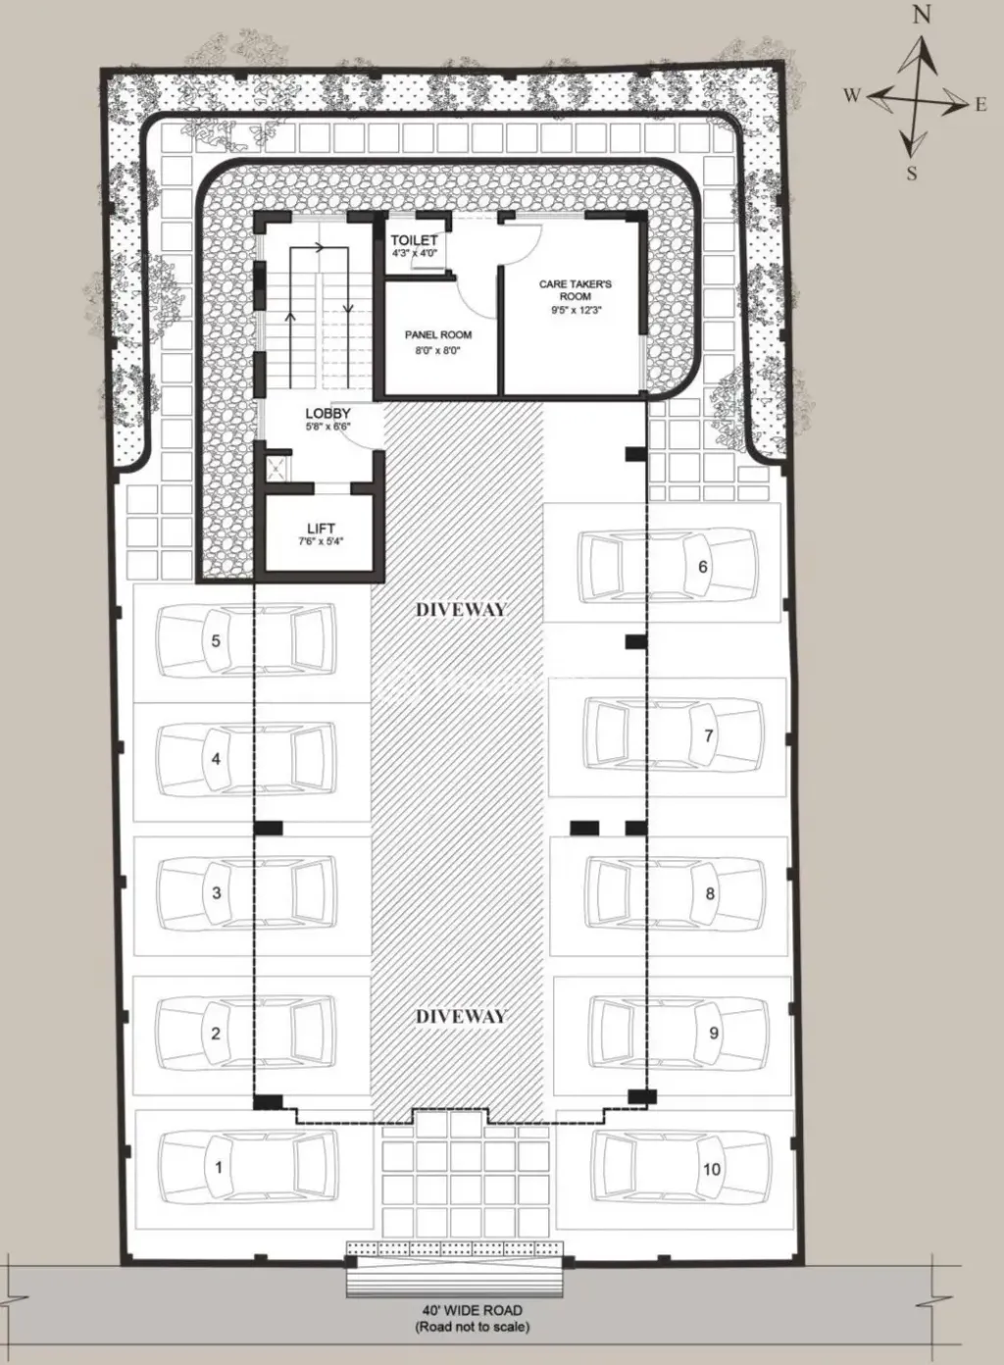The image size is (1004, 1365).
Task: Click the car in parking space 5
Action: [x=246, y=642]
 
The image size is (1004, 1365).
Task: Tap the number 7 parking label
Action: [x=709, y=735]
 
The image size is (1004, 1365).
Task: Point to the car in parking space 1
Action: [x=245, y=1166]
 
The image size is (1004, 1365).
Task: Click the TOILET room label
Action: [x=414, y=240]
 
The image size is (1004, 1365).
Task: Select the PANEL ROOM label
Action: [x=438, y=335]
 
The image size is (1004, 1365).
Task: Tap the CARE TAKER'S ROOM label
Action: [x=576, y=289]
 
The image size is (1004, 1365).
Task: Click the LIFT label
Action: [x=321, y=529]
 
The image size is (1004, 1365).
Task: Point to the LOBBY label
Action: [x=327, y=414]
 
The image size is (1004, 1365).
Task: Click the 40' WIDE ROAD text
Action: [x=472, y=1310]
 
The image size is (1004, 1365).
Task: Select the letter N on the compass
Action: [x=921, y=15]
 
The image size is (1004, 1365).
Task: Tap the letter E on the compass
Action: [x=980, y=105]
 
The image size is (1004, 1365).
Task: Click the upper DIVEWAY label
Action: [x=461, y=609]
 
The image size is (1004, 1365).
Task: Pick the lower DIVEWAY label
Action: [x=461, y=1016]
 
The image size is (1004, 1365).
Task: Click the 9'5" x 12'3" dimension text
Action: [x=576, y=310]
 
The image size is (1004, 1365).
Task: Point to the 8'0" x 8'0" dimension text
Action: [x=438, y=350]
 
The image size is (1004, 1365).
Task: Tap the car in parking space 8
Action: [x=676, y=892]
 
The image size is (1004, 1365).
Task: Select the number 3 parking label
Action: [x=217, y=892]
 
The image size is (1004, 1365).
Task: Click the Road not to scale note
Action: [x=472, y=1327]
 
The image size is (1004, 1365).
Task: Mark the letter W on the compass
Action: [x=851, y=95]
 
